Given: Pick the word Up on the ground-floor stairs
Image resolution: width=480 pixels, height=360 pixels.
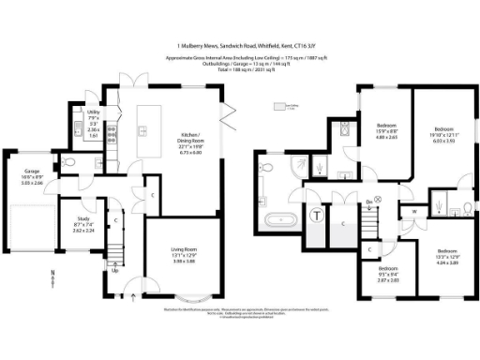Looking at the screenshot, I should point(115,271).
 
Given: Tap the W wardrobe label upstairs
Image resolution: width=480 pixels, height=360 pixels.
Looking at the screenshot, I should point(412,211).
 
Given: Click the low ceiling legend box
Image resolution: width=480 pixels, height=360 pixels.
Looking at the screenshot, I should point(277,106).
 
